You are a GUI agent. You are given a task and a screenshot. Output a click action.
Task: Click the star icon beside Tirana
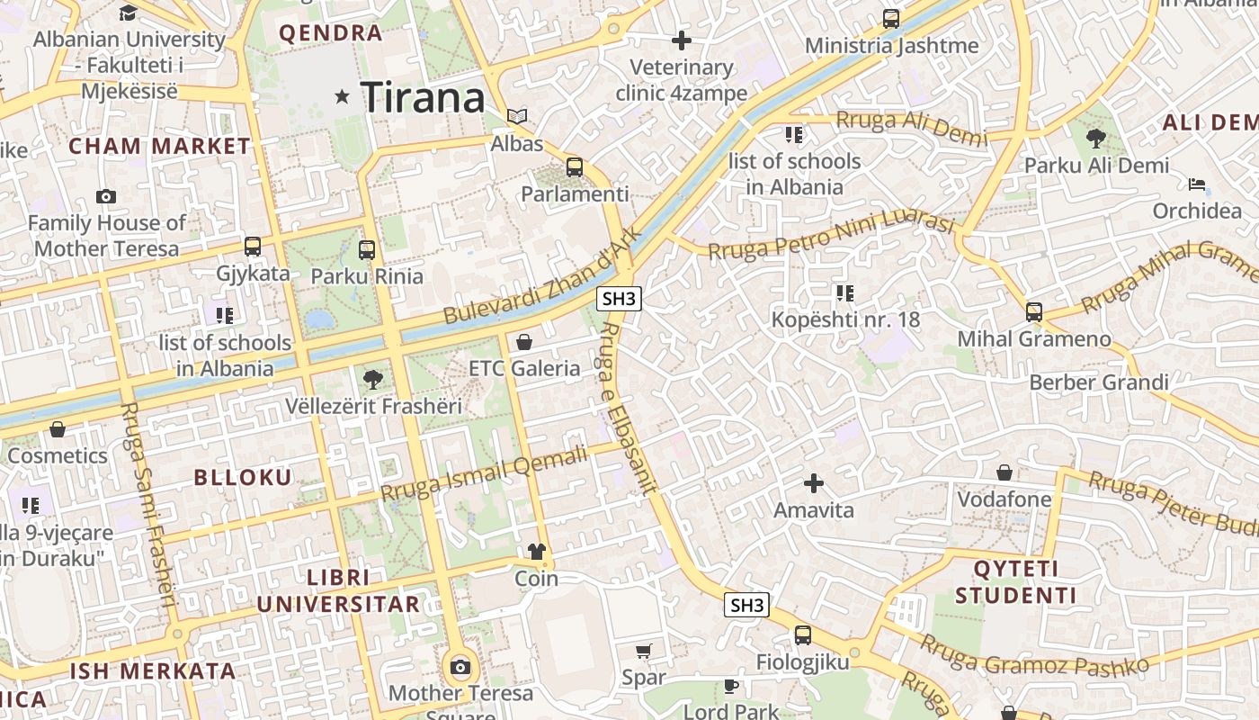342,96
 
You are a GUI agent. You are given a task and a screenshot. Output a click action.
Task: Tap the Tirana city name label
423,97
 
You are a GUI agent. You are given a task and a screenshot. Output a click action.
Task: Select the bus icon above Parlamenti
575,166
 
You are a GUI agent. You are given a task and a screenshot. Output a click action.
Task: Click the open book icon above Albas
517,116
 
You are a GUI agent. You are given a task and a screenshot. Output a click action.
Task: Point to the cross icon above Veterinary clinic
682,40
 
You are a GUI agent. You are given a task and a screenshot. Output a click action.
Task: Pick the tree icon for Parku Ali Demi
1095,138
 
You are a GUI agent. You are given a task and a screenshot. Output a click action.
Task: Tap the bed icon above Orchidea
1196,184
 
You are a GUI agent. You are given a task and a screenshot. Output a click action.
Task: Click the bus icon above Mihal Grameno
1034,312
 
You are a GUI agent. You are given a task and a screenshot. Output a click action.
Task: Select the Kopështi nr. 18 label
845,319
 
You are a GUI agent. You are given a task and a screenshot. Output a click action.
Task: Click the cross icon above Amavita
814,483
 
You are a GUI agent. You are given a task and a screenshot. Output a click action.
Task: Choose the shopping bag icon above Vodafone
1005,472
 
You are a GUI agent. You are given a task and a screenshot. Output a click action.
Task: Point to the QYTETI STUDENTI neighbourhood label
1015,582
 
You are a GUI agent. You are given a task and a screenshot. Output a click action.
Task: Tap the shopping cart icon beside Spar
644,651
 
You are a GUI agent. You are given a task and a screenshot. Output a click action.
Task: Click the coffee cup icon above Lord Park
731,686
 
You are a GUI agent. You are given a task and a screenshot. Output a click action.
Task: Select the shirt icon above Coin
537,552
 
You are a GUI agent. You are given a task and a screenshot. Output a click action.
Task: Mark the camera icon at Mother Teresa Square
460,667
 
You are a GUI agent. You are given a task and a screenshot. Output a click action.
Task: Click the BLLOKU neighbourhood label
243,478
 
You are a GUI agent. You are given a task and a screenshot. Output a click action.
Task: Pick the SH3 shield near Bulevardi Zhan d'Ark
620,300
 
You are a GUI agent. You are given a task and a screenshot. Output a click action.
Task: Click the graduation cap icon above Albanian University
129,13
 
